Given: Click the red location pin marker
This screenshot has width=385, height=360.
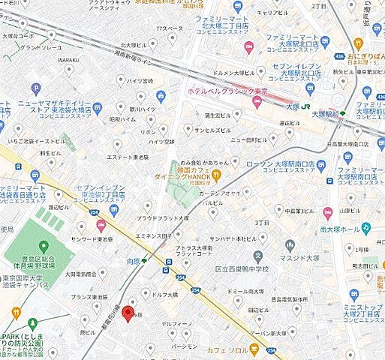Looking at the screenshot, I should click(128, 313).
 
